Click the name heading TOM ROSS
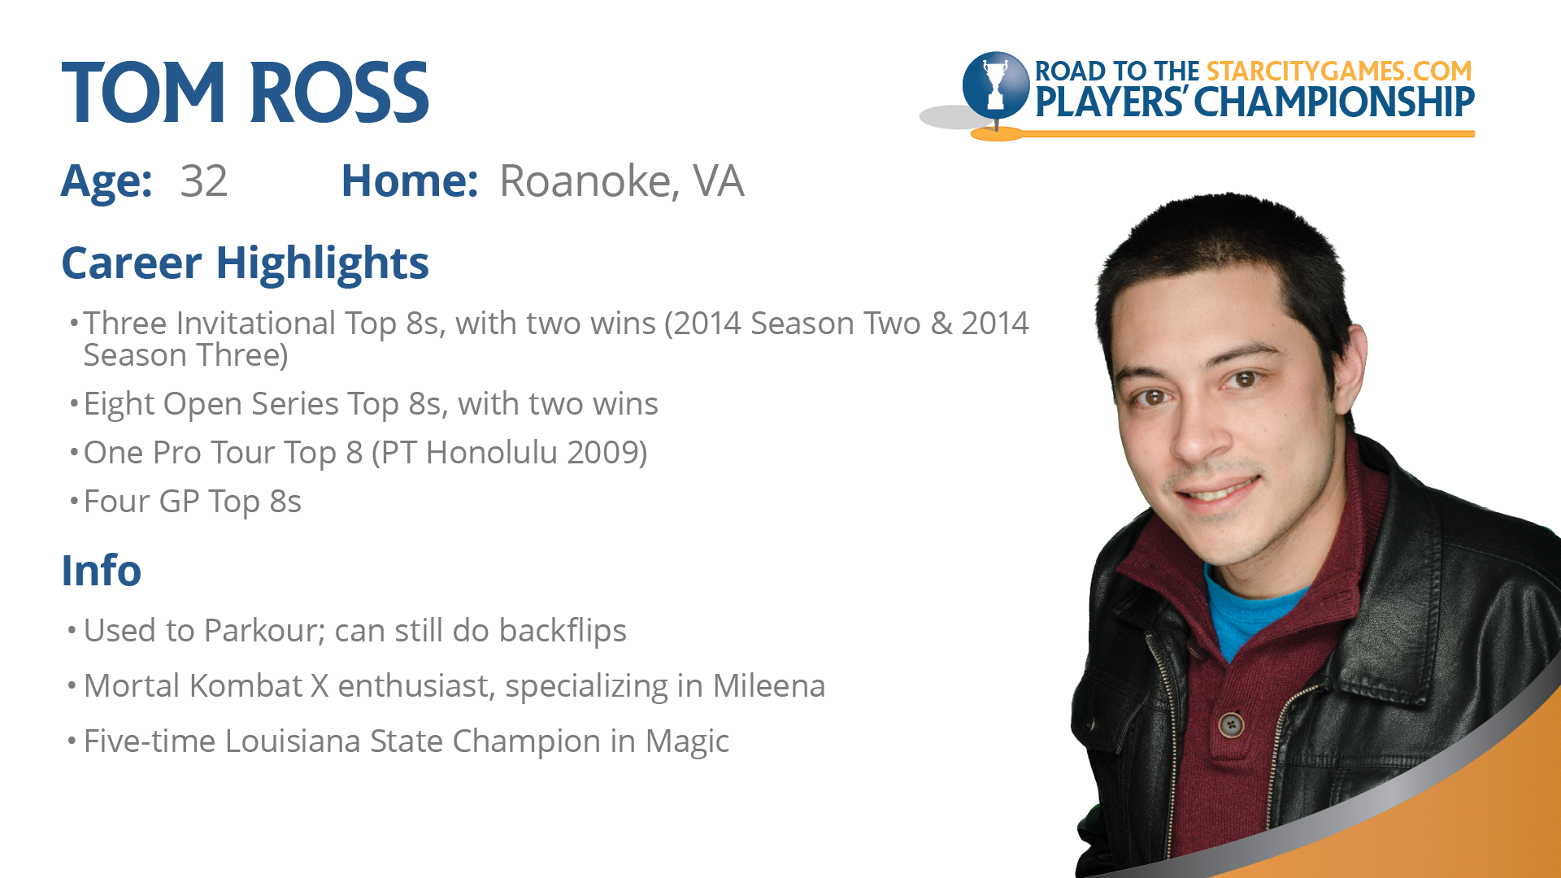click(x=245, y=93)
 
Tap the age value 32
click(x=203, y=180)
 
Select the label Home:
click(x=409, y=180)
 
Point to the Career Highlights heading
click(x=245, y=263)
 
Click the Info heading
click(x=102, y=570)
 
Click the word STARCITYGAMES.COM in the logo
click(x=1339, y=72)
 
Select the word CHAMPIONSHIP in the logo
click(x=1334, y=102)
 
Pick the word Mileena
click(x=769, y=685)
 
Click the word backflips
click(x=563, y=631)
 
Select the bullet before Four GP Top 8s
click(x=74, y=502)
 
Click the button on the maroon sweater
click(x=1232, y=723)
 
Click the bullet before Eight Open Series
click(x=74, y=404)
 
